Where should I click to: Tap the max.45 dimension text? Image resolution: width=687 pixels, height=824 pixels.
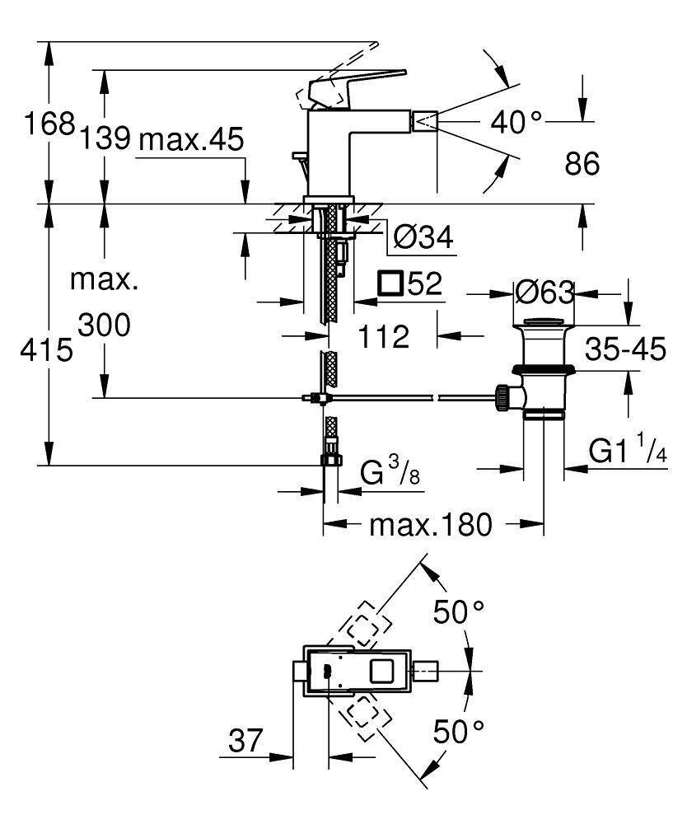190,139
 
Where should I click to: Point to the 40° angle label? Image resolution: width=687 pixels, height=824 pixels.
516,123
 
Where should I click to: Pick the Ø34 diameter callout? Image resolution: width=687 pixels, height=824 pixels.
423,238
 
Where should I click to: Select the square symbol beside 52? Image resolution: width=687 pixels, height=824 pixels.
390,283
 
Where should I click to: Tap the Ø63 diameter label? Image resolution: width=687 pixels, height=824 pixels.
544,291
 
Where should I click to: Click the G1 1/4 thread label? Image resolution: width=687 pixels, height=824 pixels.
627,452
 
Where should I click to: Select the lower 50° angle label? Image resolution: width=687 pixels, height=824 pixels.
459,730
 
